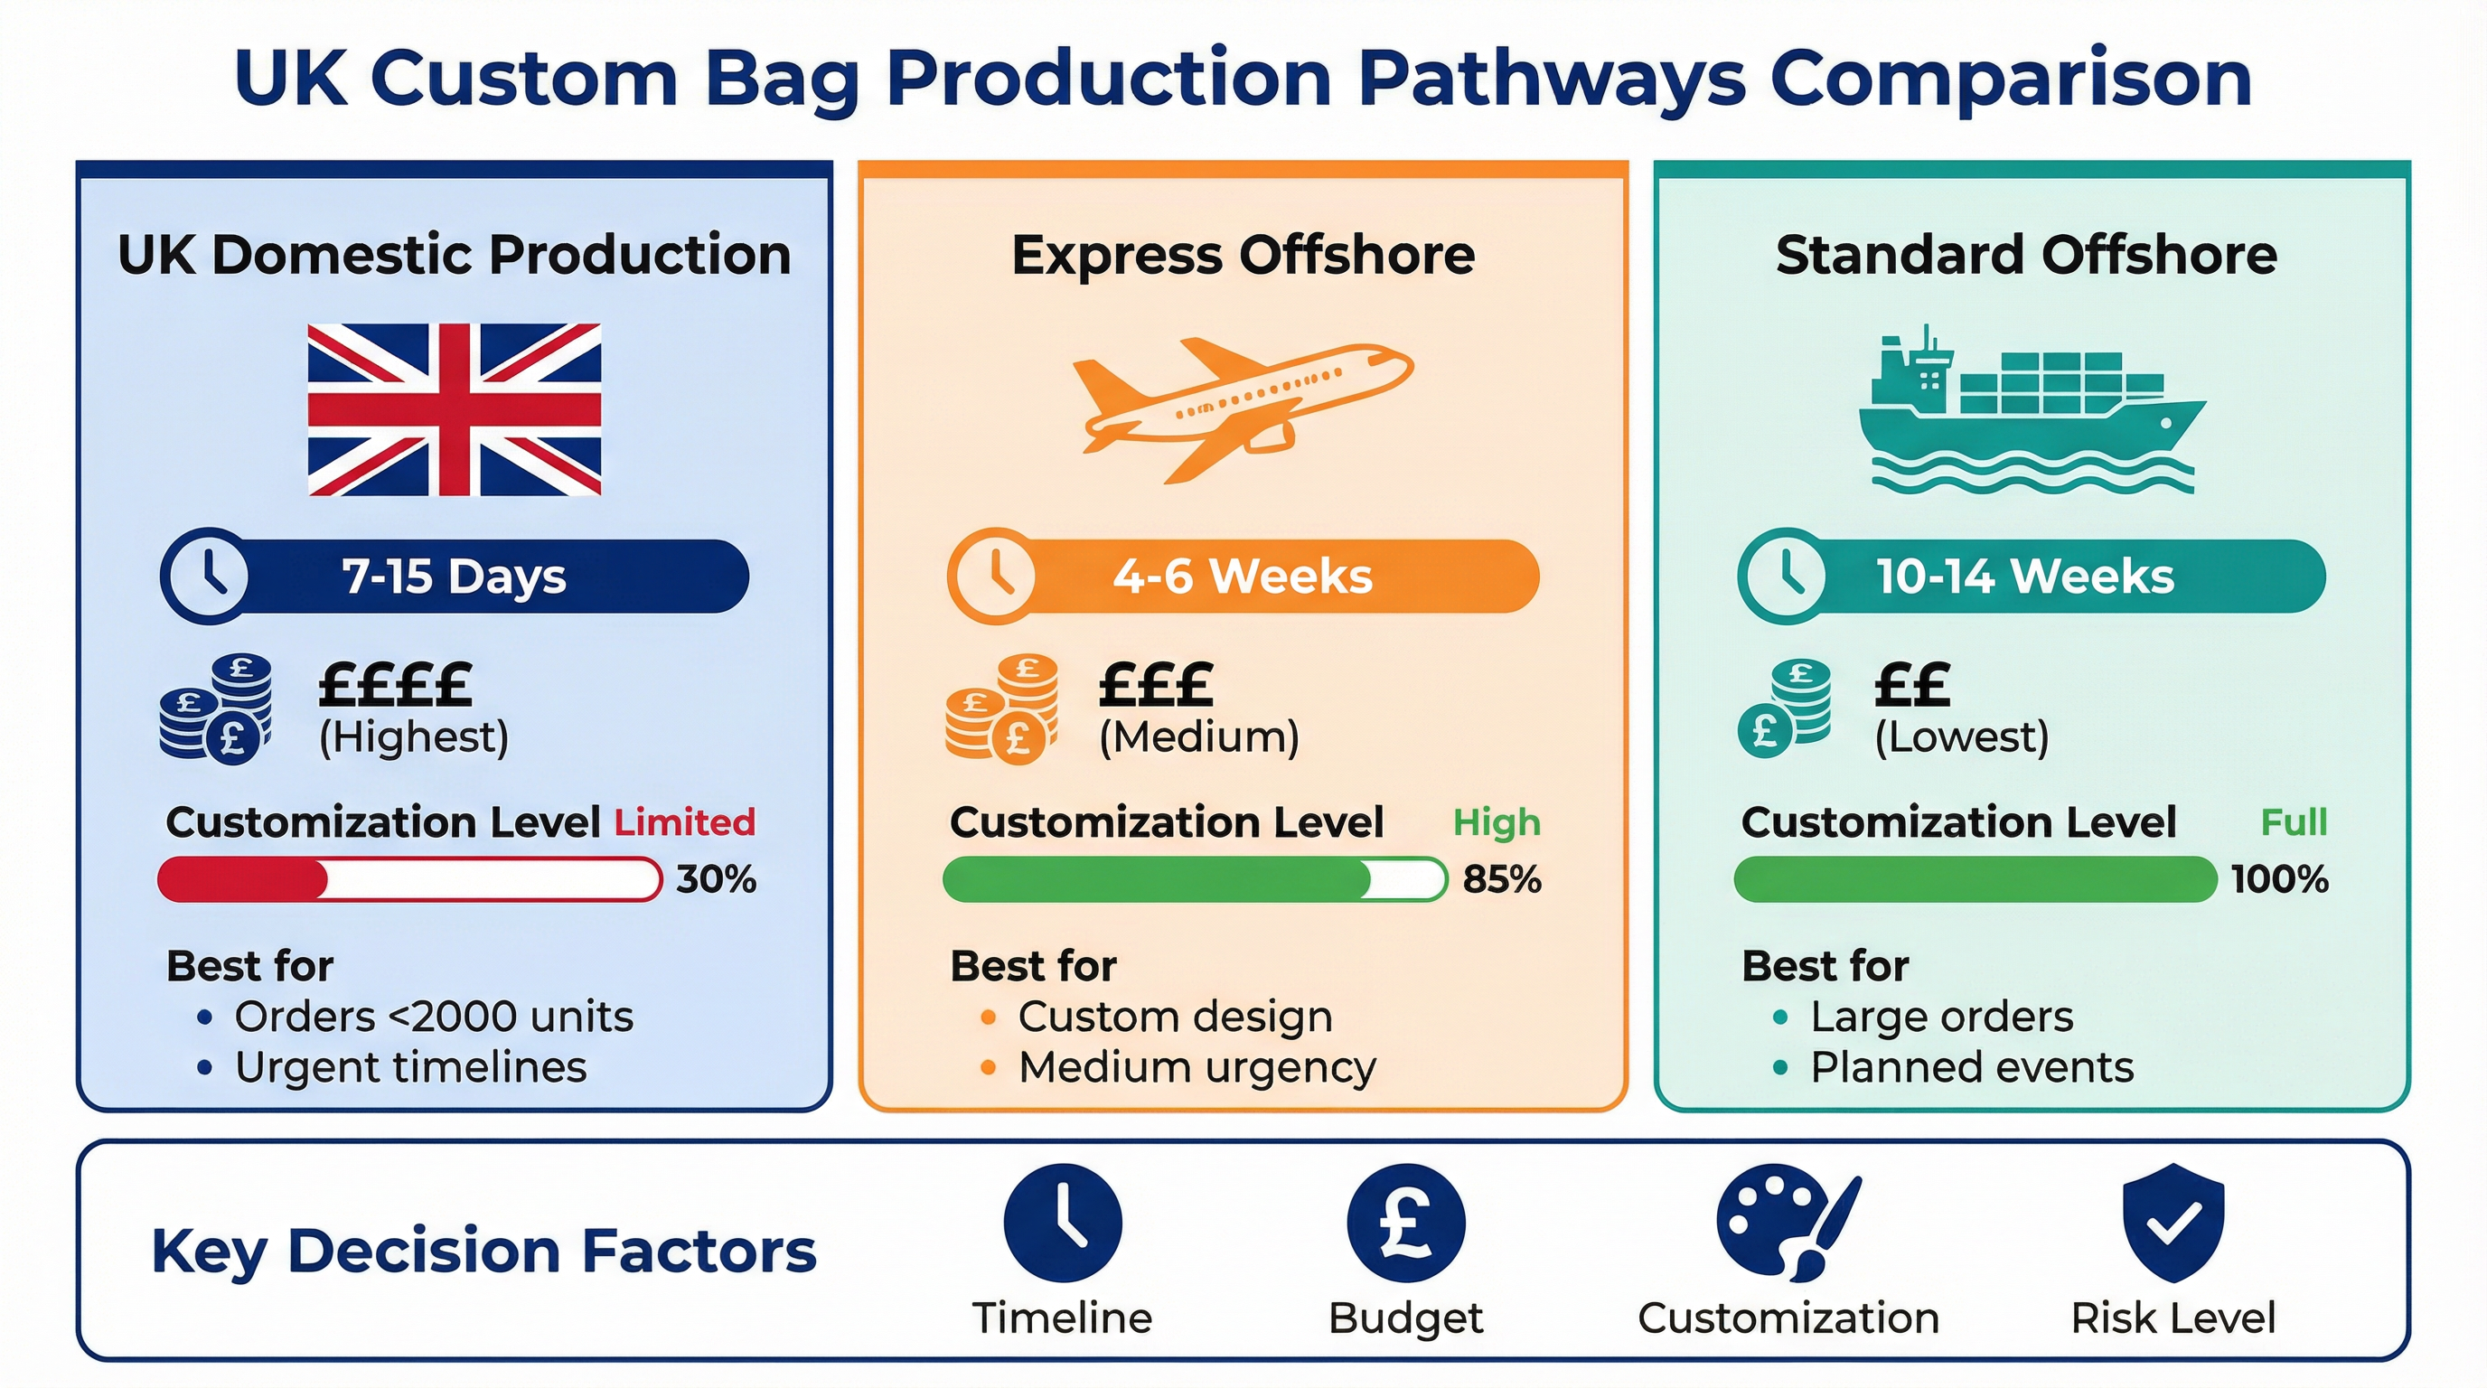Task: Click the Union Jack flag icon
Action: pyautogui.click(x=454, y=409)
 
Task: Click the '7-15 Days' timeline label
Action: pyautogui.click(x=454, y=577)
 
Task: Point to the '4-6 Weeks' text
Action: pyautogui.click(x=1243, y=577)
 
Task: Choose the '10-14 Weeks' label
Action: pyautogui.click(x=2024, y=577)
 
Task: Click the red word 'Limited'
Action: pyautogui.click(x=684, y=822)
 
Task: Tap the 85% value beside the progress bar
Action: pyautogui.click(x=1502, y=879)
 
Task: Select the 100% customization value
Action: pyautogui.click(x=2279, y=879)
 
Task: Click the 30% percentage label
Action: pyautogui.click(x=716, y=879)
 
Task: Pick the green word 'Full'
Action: pyautogui.click(x=2294, y=822)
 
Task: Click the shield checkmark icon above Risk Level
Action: pyautogui.click(x=2173, y=1222)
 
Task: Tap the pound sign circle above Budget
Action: pyautogui.click(x=1405, y=1223)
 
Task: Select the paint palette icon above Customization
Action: pyautogui.click(x=1787, y=1222)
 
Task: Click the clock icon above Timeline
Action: pyautogui.click(x=1063, y=1223)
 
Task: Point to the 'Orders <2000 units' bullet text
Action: pyautogui.click(x=434, y=1017)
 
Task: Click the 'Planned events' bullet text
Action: pyautogui.click(x=1972, y=1067)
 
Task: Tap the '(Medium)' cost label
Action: pyautogui.click(x=1199, y=737)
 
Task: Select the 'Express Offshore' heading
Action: pyautogui.click(x=1243, y=255)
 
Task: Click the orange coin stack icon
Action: pyautogui.click(x=1001, y=709)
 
